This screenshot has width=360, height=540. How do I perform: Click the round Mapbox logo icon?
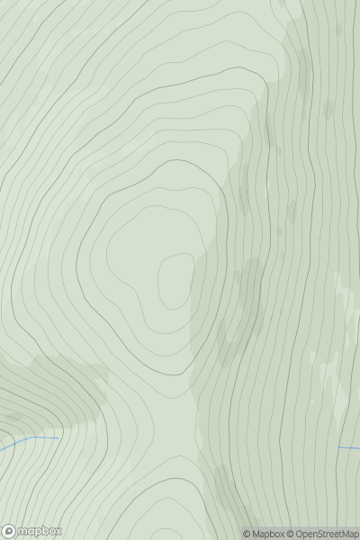10,531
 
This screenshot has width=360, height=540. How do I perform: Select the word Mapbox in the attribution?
267,534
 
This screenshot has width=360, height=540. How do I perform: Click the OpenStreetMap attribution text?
323,534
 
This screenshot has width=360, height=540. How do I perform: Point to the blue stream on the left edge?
18,443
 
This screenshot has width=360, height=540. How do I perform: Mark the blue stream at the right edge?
349,447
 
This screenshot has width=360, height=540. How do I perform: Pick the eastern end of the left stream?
57,438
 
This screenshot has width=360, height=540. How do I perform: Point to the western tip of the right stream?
339,447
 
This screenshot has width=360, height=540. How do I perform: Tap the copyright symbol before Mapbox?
247,534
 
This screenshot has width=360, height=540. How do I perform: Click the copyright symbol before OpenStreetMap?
291,534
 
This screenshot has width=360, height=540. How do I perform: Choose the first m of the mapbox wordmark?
22,531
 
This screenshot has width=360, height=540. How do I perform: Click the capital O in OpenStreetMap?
301,534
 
